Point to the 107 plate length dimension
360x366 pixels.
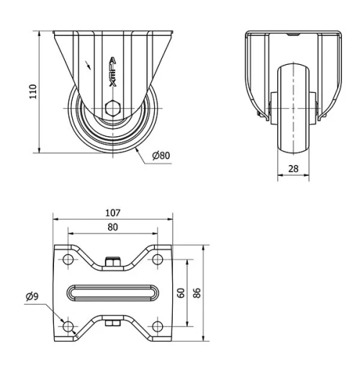click(112, 213)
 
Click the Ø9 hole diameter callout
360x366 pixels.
click(32, 295)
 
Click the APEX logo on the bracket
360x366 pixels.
click(112, 72)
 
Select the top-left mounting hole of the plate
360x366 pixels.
click(68, 259)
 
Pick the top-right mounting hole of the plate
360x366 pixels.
click(157, 259)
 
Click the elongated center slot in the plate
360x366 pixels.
click(112, 293)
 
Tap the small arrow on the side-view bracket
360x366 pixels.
click(88, 66)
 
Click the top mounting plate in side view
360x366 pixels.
click(112, 32)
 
